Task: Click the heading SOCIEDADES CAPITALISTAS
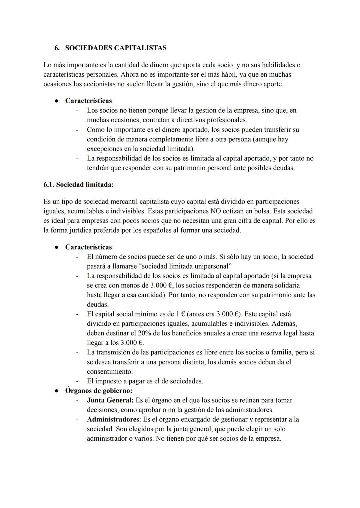tap(116, 48)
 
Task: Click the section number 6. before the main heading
tap(57, 48)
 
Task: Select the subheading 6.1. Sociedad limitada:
tap(79, 185)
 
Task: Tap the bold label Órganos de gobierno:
tap(99, 391)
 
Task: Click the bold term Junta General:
tap(110, 400)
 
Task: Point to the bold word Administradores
tap(113, 419)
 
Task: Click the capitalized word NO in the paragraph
tap(216, 211)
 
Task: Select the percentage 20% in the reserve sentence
tap(144, 333)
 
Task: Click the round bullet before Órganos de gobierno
tap(57, 391)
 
